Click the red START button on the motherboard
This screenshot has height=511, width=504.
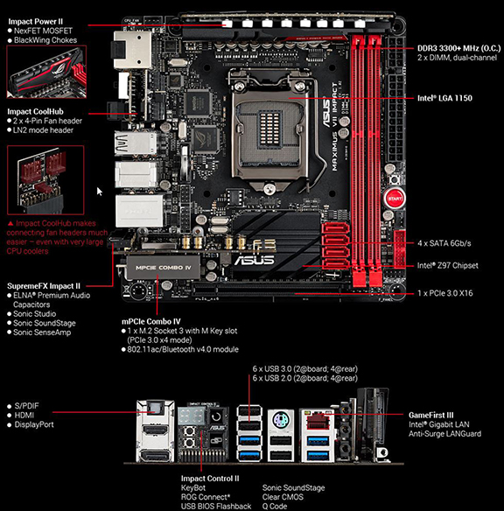[x=395, y=199]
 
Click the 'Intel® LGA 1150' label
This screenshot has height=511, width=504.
[x=444, y=98]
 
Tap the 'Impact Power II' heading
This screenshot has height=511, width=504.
[x=36, y=22]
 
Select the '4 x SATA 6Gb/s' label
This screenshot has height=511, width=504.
[x=444, y=243]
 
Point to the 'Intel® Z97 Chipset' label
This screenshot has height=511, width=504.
[x=448, y=266]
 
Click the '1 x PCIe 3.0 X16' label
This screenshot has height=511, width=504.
[x=445, y=293]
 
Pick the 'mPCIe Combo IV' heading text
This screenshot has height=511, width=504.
[x=151, y=322]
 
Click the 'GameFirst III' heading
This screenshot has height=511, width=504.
[x=431, y=415]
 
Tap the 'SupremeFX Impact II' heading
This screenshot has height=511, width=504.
[x=44, y=286]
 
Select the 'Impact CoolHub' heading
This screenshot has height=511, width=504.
[x=36, y=112]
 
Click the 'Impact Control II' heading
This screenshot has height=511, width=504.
[x=210, y=479]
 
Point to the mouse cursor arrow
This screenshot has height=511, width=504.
[x=100, y=192]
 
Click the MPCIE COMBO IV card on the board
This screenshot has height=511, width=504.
[x=163, y=268]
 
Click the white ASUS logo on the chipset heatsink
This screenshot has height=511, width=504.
[x=255, y=260]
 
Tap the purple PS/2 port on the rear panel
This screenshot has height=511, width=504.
[x=280, y=420]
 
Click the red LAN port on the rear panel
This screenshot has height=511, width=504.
[x=317, y=421]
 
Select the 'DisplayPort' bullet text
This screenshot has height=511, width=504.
[x=34, y=424]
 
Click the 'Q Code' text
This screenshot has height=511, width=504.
[x=275, y=506]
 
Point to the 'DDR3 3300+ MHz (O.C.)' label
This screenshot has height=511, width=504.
[x=459, y=48]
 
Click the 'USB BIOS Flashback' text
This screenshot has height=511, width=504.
[x=216, y=506]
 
